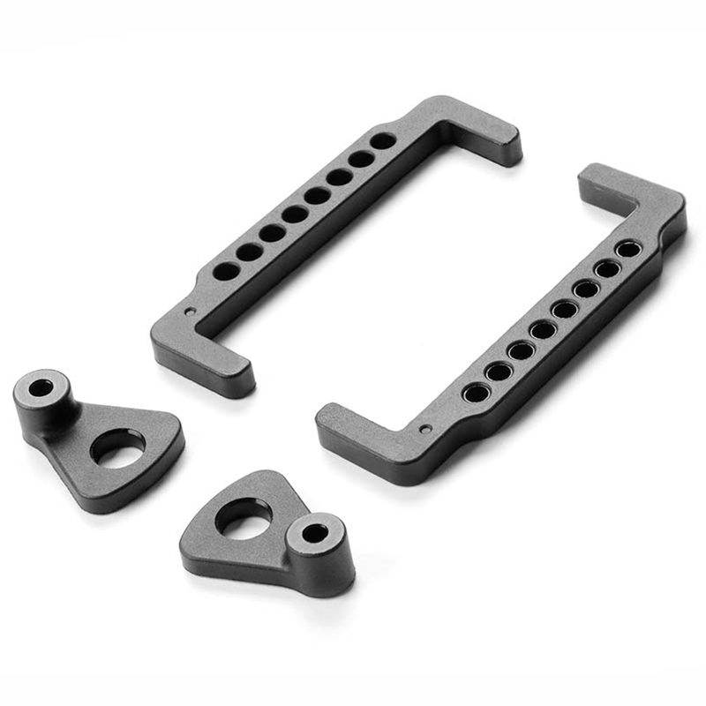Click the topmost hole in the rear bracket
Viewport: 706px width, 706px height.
(x=382, y=140)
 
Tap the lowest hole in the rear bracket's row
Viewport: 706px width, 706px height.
(x=226, y=271)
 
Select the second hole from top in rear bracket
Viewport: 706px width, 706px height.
(x=361, y=159)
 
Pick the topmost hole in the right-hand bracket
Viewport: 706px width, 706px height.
(x=628, y=249)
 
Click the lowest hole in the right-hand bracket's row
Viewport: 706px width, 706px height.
(x=476, y=393)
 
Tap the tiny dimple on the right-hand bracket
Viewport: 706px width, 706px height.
(x=425, y=429)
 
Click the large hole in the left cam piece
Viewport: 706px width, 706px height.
(x=117, y=447)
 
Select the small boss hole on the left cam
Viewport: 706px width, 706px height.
(x=41, y=387)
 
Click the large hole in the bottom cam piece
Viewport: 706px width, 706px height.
(x=243, y=517)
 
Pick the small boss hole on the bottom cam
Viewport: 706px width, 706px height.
(x=315, y=532)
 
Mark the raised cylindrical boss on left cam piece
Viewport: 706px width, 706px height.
(x=42, y=397)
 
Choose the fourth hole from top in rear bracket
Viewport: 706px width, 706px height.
(x=317, y=196)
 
